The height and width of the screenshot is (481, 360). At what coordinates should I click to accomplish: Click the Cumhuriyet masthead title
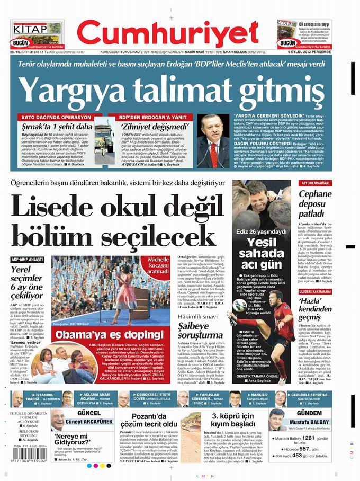tap(179, 34)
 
